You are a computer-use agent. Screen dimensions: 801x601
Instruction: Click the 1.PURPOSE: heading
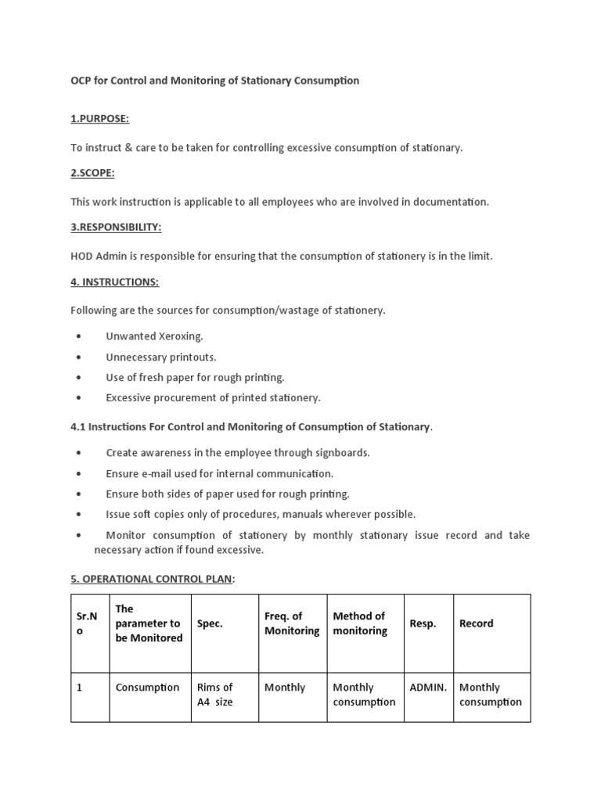pyautogui.click(x=99, y=118)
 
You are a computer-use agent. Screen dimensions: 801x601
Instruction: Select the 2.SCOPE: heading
pyautogui.click(x=92, y=172)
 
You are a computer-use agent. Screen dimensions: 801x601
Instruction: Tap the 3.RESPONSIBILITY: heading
pyautogui.click(x=116, y=227)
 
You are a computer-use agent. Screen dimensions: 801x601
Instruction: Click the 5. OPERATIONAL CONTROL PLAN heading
pyautogui.click(x=153, y=577)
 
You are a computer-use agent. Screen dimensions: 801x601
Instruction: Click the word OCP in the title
pyautogui.click(x=81, y=81)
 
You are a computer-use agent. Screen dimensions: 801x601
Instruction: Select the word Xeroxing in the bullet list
pyautogui.click(x=181, y=336)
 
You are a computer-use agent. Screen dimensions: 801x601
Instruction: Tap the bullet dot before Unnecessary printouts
pyautogui.click(x=79, y=357)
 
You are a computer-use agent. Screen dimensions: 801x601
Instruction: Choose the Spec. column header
pyautogui.click(x=210, y=623)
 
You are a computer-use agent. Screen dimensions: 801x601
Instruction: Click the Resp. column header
pyautogui.click(x=423, y=623)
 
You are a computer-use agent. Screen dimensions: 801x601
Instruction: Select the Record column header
pyautogui.click(x=476, y=623)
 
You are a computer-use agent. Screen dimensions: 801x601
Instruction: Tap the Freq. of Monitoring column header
pyautogui.click(x=292, y=623)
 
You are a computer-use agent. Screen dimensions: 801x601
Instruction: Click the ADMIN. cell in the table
pyautogui.click(x=428, y=688)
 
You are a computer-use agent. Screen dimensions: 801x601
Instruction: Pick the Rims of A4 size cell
pyautogui.click(x=215, y=695)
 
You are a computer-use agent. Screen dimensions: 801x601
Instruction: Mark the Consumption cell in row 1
pyautogui.click(x=147, y=688)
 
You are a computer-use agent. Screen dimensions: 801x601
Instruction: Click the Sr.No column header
pyautogui.click(x=86, y=623)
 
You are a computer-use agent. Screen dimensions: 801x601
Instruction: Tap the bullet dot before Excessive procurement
pyautogui.click(x=79, y=398)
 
